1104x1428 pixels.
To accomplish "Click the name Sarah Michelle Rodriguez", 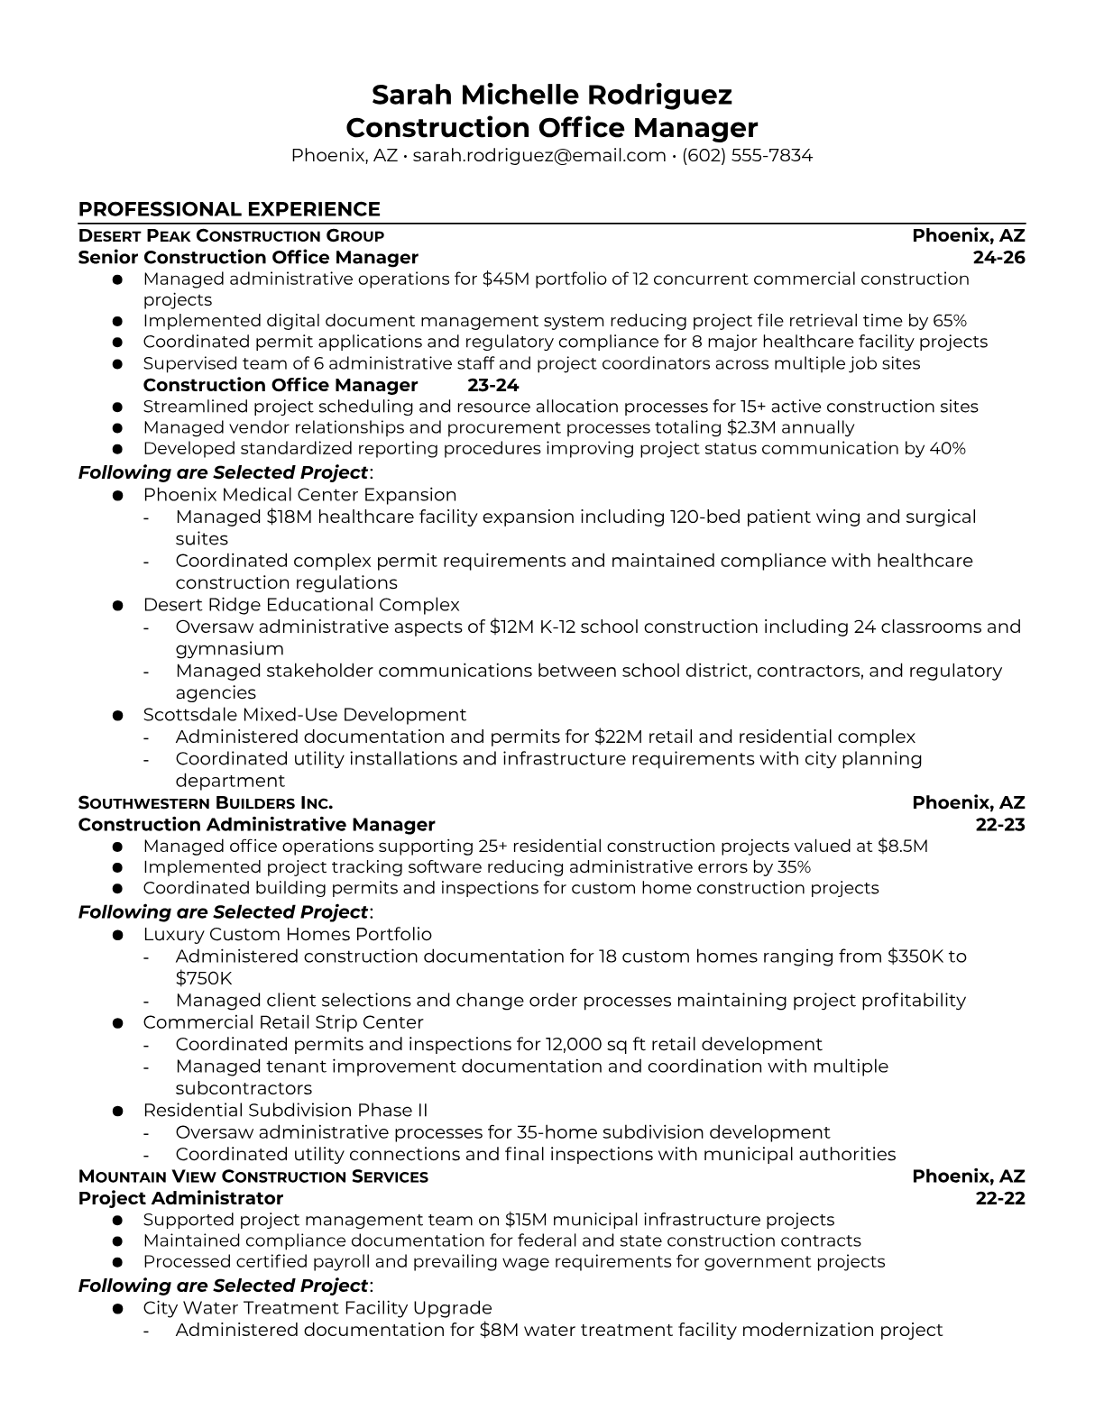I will (x=551, y=95).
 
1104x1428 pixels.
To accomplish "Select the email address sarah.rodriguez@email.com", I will (x=538, y=155).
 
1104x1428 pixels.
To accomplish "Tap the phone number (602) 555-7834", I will (x=747, y=155).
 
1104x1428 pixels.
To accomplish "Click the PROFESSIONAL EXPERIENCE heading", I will (x=229, y=209).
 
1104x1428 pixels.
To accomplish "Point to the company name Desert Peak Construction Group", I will (x=231, y=236).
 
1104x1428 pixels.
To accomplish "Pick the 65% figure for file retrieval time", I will (x=949, y=321).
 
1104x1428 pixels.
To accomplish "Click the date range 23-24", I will (x=493, y=385).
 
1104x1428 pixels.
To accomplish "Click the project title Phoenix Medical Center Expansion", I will (x=299, y=495).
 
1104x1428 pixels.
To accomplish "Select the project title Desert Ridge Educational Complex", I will (x=301, y=605).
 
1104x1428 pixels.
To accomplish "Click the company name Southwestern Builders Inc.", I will (x=206, y=803).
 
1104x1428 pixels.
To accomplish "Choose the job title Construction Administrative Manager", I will (x=256, y=825).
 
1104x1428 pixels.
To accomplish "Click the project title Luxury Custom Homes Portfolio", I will (x=287, y=935).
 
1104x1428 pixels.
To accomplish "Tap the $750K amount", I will (x=204, y=978).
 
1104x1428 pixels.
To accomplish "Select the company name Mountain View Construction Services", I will (x=253, y=1176).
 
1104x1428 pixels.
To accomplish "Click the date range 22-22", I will (x=1000, y=1198).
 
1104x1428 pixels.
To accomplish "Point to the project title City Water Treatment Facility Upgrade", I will (x=317, y=1308).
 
